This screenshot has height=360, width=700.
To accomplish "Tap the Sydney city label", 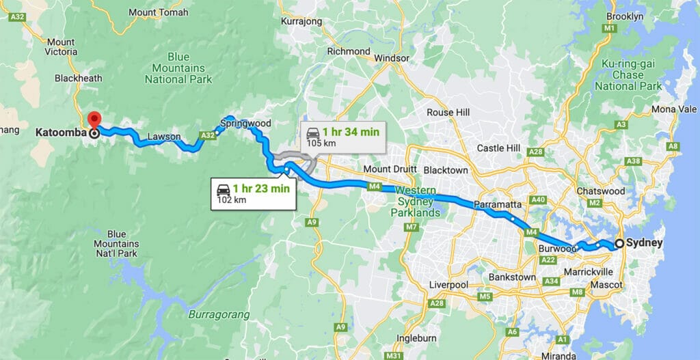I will (645, 243).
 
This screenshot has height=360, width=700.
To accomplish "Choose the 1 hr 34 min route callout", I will (342, 136).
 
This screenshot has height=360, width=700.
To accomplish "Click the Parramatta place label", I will (497, 204).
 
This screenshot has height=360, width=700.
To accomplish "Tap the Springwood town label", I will (246, 124).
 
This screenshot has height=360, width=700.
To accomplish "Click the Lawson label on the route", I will (164, 137).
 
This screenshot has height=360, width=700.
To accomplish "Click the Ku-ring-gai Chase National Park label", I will (628, 75).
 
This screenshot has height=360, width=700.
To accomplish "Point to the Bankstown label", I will (512, 277).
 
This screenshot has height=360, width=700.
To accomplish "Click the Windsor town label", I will (392, 59).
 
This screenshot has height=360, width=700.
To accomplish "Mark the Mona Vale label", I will (674, 109).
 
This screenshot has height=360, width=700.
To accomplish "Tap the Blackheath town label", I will (79, 79).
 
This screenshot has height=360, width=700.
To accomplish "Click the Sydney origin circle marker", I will (619, 243).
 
